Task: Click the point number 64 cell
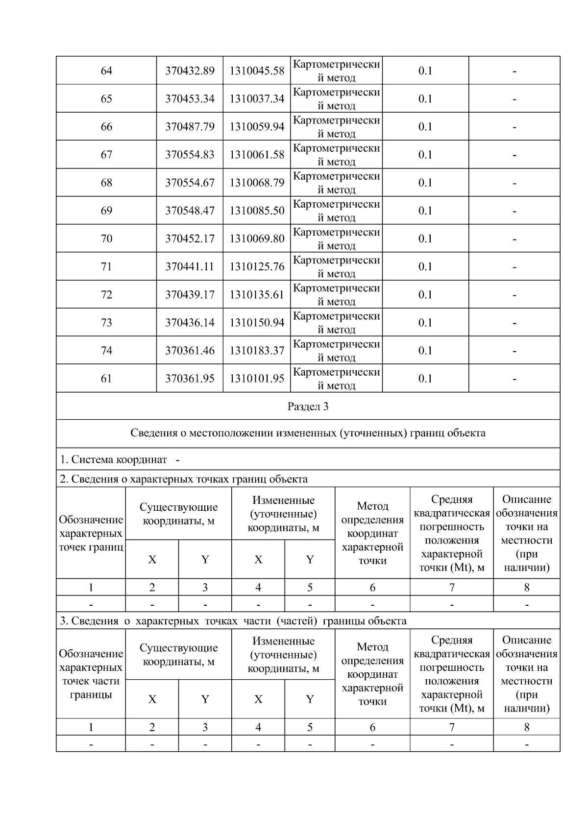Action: pyautogui.click(x=106, y=71)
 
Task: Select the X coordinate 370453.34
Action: pyautogui.click(x=190, y=99)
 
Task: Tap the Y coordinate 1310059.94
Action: pyautogui.click(x=257, y=127)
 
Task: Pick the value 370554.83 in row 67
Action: pyautogui.click(x=190, y=155)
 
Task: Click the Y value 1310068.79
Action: pyautogui.click(x=257, y=183)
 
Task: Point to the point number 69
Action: pyautogui.click(x=106, y=211)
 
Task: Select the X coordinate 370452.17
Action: pyautogui.click(x=190, y=238)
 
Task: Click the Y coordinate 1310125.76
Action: pyautogui.click(x=257, y=266)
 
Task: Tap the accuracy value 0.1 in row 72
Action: pyautogui.click(x=425, y=294)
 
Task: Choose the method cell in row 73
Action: pyautogui.click(x=336, y=323)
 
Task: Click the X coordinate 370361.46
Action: pyautogui.click(x=190, y=351)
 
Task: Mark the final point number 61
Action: pyautogui.click(x=106, y=379)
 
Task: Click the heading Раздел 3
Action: pyautogui.click(x=308, y=406)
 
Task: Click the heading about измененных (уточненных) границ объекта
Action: pyautogui.click(x=308, y=433)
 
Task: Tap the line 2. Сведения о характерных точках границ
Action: pyautogui.click(x=184, y=479)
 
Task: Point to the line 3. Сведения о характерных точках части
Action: pyautogui.click(x=233, y=621)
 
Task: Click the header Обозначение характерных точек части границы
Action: pyautogui.click(x=91, y=674)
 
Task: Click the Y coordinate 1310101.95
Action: pyautogui.click(x=257, y=379)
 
